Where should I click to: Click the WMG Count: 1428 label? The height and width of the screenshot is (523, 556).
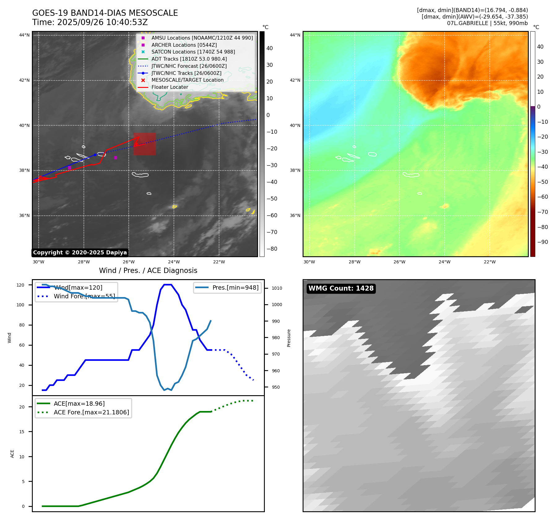[341, 288]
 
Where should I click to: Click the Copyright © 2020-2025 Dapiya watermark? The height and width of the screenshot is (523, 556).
[80, 253]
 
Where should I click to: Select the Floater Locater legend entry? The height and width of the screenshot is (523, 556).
[170, 87]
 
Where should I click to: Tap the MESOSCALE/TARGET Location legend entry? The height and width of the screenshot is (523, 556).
[187, 80]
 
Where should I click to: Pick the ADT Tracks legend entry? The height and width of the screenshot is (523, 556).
[189, 59]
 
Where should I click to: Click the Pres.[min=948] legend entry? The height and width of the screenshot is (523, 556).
[235, 287]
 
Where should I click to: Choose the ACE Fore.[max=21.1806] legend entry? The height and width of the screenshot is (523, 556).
[91, 412]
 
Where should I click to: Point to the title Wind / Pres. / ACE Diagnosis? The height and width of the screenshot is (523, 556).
[148, 270]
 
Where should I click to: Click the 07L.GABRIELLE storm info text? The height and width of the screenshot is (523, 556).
[487, 23]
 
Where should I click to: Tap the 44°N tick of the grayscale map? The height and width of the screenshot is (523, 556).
[24, 35]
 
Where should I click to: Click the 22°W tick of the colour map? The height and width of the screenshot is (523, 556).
[489, 262]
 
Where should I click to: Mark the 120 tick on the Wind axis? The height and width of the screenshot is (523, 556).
[20, 285]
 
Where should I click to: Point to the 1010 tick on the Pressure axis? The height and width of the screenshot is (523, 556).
[277, 288]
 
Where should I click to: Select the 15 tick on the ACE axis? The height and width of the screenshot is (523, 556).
[22, 432]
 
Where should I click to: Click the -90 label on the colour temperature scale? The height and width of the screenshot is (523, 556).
[542, 242]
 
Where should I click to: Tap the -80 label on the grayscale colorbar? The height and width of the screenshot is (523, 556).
[272, 249]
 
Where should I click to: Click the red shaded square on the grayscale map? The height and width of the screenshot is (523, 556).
[144, 144]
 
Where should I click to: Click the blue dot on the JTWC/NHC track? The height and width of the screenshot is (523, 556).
[95, 155]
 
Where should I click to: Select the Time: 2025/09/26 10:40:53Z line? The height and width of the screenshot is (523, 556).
[90, 23]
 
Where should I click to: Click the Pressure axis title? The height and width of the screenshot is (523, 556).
[289, 338]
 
